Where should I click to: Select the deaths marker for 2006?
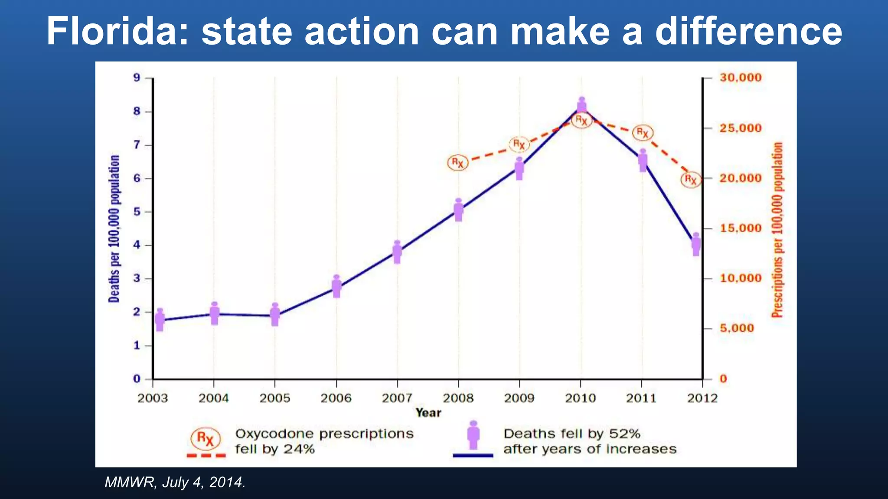(336, 286)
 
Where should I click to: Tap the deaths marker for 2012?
(696, 244)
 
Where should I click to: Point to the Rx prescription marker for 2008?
(458, 163)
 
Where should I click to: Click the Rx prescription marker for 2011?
(642, 133)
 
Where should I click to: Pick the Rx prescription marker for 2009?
(519, 144)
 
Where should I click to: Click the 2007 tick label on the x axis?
(397, 398)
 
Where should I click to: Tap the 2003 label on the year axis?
(153, 398)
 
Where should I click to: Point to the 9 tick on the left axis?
(137, 78)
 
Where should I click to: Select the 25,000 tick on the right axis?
(741, 128)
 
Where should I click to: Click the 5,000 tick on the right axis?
(737, 328)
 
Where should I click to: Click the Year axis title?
(428, 413)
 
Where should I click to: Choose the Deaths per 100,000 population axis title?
(114, 229)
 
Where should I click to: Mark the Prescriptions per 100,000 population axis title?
(777, 230)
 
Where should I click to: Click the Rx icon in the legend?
(206, 438)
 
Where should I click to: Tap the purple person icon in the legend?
(473, 435)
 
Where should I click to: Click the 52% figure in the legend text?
(624, 434)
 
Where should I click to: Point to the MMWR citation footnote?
(175, 482)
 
